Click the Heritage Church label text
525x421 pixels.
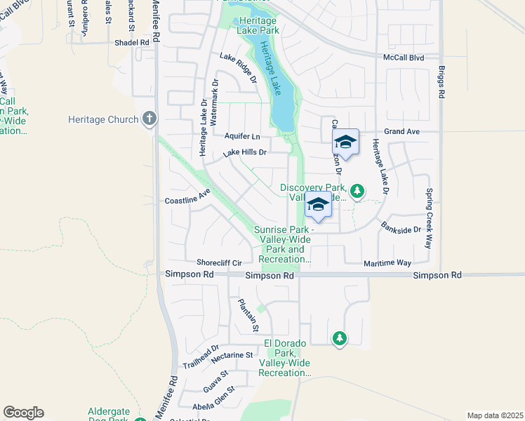(103, 119)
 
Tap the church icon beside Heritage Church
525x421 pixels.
(149, 119)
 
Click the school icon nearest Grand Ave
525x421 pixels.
(345, 142)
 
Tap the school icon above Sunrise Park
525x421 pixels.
(318, 205)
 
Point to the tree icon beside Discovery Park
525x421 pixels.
(357, 190)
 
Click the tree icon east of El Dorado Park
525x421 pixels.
(340, 339)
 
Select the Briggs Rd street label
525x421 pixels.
(441, 83)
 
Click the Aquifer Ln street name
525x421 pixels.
(242, 136)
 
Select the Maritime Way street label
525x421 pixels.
(387, 263)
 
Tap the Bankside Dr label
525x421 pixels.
(401, 227)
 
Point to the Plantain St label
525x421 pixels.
(248, 316)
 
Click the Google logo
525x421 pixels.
(23, 413)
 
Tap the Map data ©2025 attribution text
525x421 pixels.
(494, 415)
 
